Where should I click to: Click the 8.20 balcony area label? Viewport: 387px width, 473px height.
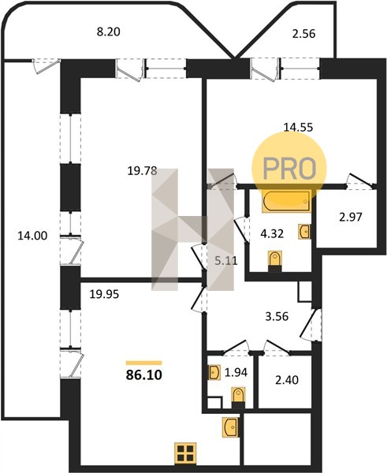[109, 32]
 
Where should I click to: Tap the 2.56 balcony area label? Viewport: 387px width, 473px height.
[303, 33]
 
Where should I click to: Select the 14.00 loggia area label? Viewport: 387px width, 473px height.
[32, 236]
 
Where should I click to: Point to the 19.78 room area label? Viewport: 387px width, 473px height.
[143, 171]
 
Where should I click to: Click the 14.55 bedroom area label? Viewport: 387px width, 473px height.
[298, 127]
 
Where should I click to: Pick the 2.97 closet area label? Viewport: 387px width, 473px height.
[350, 217]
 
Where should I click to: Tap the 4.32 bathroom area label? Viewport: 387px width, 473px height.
[272, 233]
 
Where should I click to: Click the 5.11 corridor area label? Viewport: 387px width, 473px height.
[226, 260]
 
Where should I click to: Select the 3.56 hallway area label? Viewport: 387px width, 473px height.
[277, 316]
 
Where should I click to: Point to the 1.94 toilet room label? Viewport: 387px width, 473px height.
[236, 372]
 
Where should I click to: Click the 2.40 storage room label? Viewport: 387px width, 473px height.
[287, 380]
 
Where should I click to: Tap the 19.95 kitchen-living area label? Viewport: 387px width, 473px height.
[104, 294]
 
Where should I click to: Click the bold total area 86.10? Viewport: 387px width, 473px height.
[144, 375]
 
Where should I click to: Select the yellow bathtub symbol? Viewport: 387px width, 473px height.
[286, 201]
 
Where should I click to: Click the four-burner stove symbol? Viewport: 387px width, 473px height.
[185, 453]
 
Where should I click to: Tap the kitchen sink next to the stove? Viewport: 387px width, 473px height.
[231, 427]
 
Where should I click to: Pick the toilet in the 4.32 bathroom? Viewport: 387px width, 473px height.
[275, 262]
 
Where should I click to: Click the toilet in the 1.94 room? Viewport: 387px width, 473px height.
[238, 397]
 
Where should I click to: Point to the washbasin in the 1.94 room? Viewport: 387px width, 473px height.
[214, 372]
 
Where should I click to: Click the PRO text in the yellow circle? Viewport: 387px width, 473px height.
[289, 169]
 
